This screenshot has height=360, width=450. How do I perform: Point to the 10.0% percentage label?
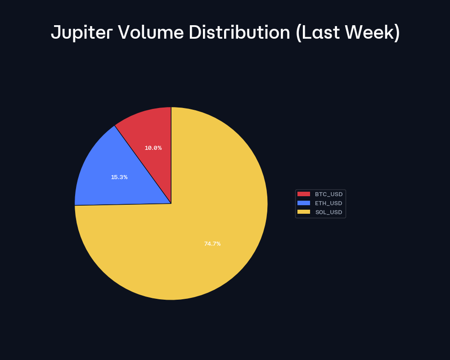point(153,148)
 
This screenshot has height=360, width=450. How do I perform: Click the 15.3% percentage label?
point(119,177)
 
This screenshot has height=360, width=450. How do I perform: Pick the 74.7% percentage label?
point(212,244)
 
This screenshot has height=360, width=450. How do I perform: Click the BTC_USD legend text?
point(328,194)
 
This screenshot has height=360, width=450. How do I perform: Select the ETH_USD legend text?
point(328,203)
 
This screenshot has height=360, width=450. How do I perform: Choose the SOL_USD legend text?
point(328,212)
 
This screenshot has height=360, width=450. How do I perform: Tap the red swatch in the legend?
point(304,194)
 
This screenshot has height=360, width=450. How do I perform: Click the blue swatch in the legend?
point(304,203)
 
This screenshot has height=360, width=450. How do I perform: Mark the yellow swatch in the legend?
point(304,212)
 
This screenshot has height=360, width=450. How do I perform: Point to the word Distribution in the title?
point(239,32)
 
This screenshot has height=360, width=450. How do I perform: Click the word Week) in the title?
point(374,32)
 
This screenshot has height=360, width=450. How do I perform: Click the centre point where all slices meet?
point(171,203)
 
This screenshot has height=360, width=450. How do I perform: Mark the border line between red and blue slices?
point(143,164)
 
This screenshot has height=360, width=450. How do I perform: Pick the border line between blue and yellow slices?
point(123,204)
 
